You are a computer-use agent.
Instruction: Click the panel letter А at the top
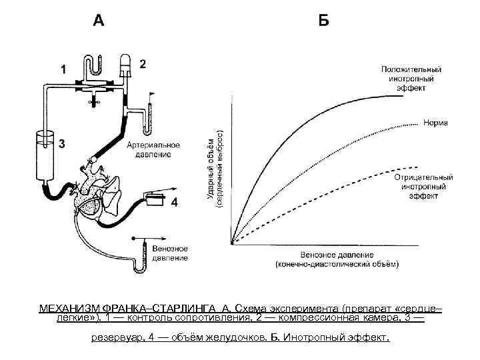point(99,21)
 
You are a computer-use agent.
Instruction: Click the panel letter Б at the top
point(323,21)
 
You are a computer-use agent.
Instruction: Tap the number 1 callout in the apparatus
point(64,69)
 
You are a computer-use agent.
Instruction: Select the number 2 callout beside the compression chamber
point(143,64)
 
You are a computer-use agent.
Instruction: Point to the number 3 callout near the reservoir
point(61,143)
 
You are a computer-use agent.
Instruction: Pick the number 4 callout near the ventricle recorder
point(174,202)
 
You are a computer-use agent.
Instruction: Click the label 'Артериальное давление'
point(149,149)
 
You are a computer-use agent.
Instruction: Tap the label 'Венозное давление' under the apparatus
point(169,253)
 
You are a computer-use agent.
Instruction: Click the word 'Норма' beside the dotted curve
point(435,123)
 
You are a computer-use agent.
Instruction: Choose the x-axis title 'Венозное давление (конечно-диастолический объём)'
point(337,260)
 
